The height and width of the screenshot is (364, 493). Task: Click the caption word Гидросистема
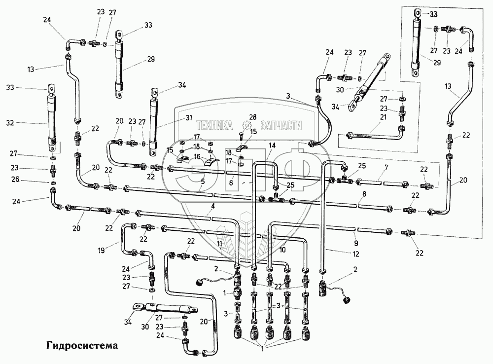(82, 345)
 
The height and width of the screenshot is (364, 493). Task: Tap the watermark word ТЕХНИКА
(214, 126)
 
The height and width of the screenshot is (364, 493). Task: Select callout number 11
(219, 244)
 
